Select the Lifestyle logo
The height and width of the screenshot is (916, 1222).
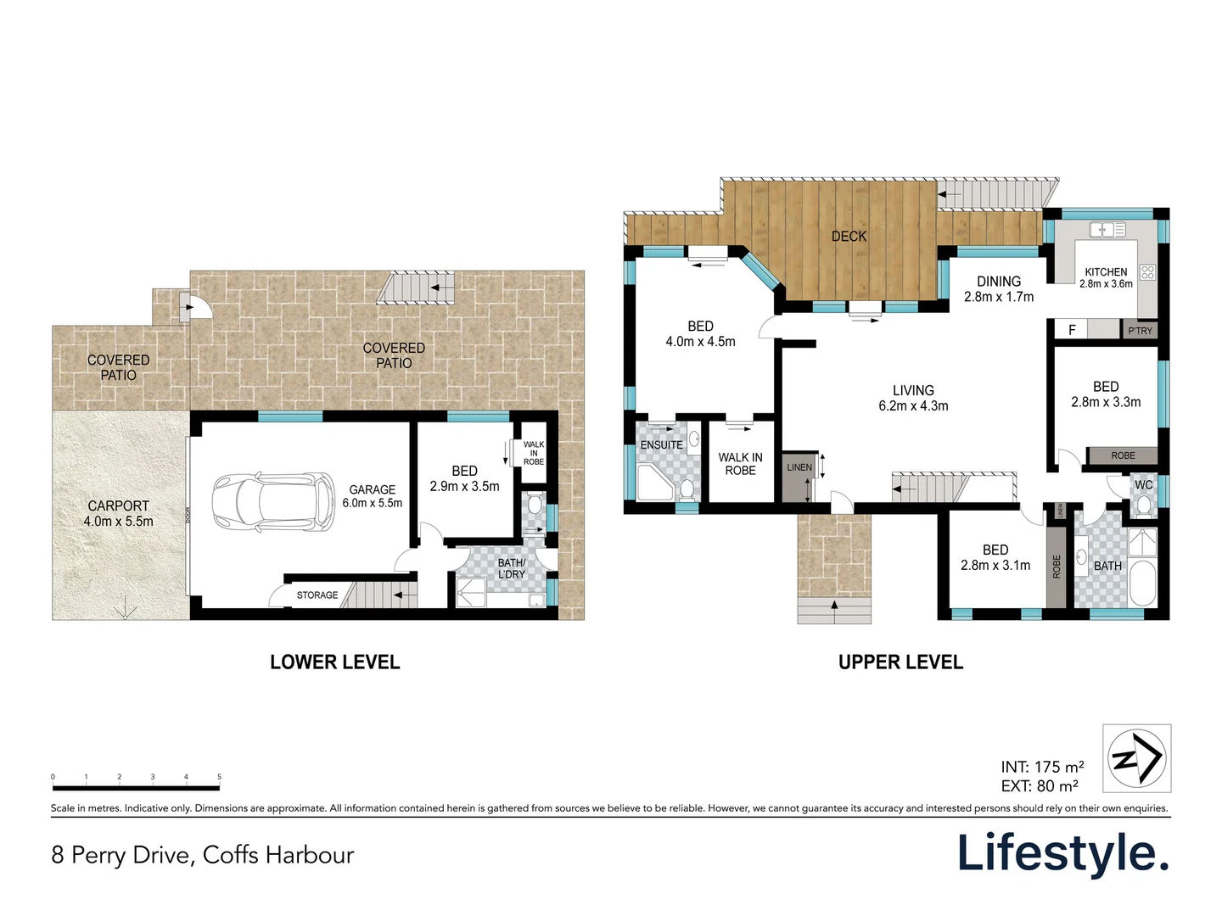click(x=1063, y=852)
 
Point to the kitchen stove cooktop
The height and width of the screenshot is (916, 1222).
click(x=1147, y=272)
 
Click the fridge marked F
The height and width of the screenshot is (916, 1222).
click(x=1072, y=330)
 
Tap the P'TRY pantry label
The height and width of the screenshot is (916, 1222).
click(x=1140, y=331)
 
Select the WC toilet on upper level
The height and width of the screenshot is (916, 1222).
click(x=1143, y=505)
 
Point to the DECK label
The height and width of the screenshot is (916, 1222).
click(x=849, y=237)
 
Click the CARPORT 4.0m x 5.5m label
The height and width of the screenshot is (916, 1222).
click(x=119, y=513)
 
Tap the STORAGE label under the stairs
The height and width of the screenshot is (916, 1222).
click(x=317, y=595)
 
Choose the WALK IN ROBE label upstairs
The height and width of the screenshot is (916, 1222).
click(x=740, y=463)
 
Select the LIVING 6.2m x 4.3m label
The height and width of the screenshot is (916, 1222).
click(x=913, y=398)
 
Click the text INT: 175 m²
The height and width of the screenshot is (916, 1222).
click(x=1041, y=767)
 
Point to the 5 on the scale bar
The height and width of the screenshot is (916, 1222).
click(x=219, y=777)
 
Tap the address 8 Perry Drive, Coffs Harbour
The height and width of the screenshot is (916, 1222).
click(x=202, y=854)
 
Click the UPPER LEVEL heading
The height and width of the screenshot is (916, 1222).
click(x=900, y=662)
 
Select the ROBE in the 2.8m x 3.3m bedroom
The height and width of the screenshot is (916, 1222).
click(x=1123, y=455)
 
